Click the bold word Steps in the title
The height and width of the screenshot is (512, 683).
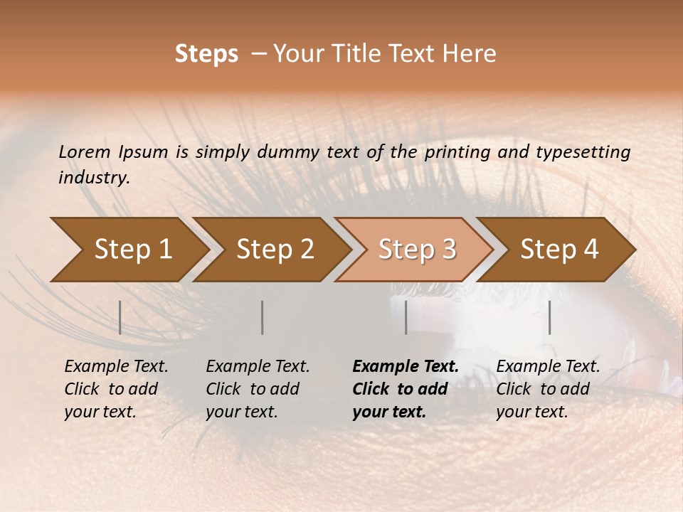tap(206, 54)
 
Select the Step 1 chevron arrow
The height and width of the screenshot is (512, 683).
tap(128, 250)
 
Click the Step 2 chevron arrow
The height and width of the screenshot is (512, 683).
tap(272, 250)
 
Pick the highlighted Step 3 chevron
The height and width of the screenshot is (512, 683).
tap(415, 250)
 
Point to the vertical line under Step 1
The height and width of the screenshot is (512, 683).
tap(120, 317)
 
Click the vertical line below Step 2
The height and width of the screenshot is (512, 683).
tap(263, 317)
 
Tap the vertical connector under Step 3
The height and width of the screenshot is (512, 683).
tap(406, 317)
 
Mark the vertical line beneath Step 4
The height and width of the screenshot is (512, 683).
tap(549, 317)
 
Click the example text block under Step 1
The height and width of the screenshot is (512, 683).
tap(116, 389)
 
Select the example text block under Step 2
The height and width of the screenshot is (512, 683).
tap(258, 389)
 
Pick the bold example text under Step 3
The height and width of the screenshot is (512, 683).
tap(406, 389)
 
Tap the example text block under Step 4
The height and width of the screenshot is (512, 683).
tap(548, 389)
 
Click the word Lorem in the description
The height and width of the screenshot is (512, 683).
tap(85, 152)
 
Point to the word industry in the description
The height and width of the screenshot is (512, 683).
tap(94, 178)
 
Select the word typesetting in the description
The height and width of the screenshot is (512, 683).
tap(588, 152)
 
